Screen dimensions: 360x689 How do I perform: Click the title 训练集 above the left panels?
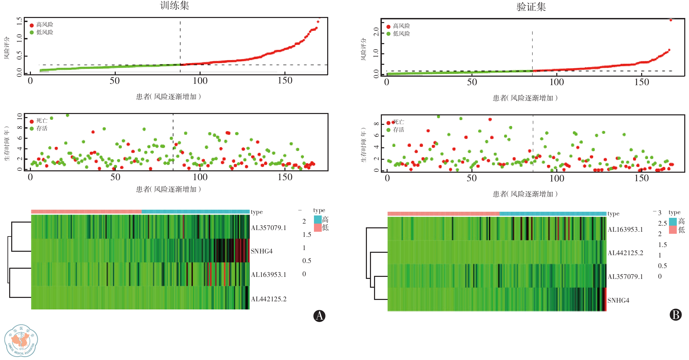coord(174,5)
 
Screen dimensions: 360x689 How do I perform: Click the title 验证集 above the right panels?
coord(531,7)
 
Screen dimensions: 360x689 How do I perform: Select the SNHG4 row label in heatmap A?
coord(261,251)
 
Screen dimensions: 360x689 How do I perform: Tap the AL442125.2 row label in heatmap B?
coord(625,253)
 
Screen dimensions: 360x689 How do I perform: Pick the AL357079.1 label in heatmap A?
coord(268,228)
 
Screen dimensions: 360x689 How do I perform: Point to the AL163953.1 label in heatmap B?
coord(625,229)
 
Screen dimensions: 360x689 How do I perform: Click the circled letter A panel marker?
coord(319,316)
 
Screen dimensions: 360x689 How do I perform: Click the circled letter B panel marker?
coord(675,315)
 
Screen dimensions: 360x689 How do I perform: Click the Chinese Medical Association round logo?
coord(21,341)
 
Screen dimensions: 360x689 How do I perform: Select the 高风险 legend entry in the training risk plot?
coord(44,25)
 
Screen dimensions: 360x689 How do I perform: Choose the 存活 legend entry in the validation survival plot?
coord(398,130)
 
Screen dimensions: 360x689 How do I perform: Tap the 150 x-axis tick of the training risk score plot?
coord(285,81)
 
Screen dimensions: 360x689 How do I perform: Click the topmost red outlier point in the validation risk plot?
coord(671,20)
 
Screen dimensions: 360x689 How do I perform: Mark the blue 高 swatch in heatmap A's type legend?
coord(318,219)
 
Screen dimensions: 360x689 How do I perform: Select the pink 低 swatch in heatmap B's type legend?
coord(673,230)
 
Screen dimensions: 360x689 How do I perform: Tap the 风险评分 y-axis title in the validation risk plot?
coord(364,49)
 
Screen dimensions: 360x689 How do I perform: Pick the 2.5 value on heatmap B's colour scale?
coord(662,223)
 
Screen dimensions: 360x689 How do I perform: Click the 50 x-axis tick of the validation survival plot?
coord(471,178)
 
